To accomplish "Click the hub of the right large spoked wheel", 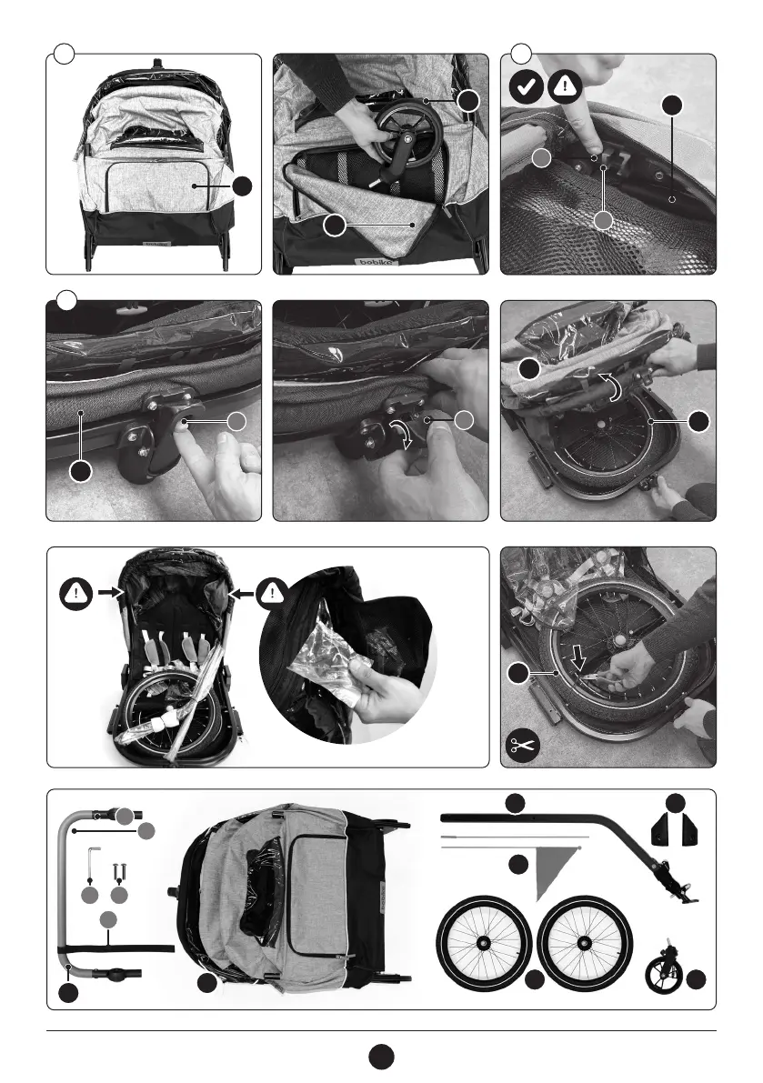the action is [584, 941].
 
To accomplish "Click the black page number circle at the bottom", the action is [382, 1057].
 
